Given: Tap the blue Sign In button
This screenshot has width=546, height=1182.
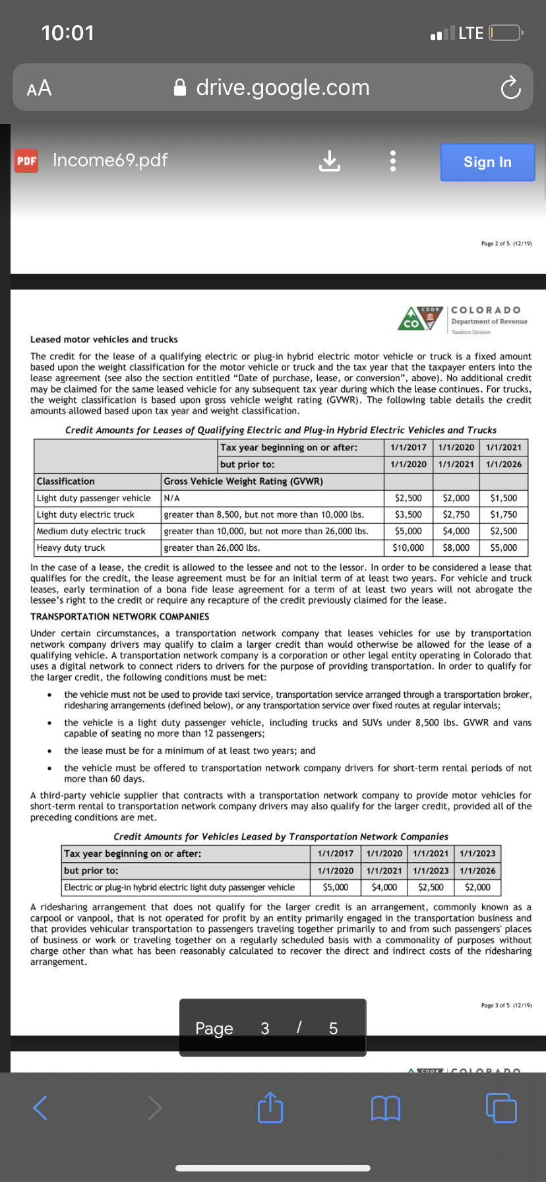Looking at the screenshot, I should coord(487,162).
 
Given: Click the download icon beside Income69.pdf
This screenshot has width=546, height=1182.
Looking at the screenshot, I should coord(330,160).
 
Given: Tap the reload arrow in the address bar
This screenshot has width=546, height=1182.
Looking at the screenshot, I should coord(510,88).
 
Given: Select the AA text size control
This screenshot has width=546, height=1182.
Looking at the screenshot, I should coord(39,88).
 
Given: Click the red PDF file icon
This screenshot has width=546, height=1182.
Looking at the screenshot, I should coord(27,161).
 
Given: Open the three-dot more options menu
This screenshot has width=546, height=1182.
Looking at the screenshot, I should coord(392,160).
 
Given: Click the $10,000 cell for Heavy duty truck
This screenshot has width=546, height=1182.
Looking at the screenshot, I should coord(408,547).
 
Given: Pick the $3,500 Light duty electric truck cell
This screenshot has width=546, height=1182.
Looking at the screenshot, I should coord(408,514).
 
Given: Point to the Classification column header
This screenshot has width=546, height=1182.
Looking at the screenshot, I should coord(66,482).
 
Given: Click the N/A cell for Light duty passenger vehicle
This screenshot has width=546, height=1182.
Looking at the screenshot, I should coord(172,498).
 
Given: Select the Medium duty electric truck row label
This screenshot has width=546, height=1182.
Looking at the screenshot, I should coord(91,531).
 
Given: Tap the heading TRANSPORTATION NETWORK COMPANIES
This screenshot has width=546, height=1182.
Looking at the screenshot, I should coord(119,617).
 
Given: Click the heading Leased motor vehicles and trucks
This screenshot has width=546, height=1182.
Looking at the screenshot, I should coord(104,339).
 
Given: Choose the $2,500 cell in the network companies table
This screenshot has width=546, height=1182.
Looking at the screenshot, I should coord(431,887).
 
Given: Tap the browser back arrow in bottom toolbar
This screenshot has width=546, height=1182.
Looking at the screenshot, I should coord(40,1107).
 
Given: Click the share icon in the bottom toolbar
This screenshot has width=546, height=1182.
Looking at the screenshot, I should coord(270,1107).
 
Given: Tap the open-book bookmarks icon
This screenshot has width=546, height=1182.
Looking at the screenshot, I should coord(386,1108).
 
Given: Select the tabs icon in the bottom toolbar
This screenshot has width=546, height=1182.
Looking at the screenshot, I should coord(501,1107).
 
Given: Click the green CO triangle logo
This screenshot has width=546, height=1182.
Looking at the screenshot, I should coord(411,319).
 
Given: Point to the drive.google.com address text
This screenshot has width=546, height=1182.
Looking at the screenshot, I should coord(282,88).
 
